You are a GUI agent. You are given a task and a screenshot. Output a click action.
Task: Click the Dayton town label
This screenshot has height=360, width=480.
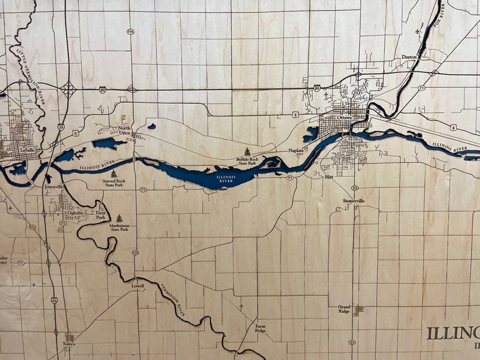tap(409, 57)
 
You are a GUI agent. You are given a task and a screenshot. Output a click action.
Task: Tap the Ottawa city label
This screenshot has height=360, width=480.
tap(345, 117)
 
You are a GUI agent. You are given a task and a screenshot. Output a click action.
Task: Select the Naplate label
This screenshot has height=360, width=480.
tap(296, 150)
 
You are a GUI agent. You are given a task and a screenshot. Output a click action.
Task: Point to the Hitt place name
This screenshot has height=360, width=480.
tap(329, 177)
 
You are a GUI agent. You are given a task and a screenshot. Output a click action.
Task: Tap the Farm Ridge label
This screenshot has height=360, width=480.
tap(260, 329)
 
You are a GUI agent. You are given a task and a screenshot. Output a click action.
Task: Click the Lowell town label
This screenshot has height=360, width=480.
tap(138, 286)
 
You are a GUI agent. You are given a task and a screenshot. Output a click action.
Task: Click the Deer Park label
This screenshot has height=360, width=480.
tap(101, 214)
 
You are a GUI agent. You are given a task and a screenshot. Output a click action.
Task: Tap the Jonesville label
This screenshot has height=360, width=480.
tap(54, 187)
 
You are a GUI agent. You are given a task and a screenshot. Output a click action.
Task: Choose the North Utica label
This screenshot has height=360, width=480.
tap(124, 130)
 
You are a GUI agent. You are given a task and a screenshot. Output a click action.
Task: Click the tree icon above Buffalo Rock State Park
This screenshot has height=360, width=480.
tap(247, 152)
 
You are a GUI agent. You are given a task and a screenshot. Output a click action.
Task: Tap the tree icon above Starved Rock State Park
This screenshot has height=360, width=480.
tap(114, 174)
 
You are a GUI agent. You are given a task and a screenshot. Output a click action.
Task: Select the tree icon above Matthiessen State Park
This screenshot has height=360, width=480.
tap(118, 218)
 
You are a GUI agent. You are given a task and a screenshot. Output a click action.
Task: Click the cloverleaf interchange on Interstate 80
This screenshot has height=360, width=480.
tap(68, 90)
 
